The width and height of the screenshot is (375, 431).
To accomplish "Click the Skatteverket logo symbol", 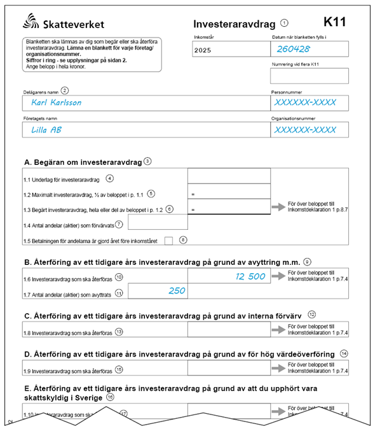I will tap(29, 24).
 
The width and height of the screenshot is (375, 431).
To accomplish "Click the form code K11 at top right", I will tap(334, 22).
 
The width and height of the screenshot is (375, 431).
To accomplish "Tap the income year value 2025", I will tap(203, 49).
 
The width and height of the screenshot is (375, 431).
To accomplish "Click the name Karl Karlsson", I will tap(56, 102).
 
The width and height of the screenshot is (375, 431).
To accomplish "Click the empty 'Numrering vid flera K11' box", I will tap(310, 76).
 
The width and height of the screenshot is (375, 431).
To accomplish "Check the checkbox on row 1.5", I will tap(169, 241).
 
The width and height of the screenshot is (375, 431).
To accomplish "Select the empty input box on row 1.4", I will tap(158, 222).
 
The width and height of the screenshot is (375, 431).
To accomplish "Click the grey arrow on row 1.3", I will tap(278, 207).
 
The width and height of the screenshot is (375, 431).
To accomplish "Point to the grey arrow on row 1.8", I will tap(278, 330).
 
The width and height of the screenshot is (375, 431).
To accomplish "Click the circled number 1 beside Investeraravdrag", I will tap(283, 24).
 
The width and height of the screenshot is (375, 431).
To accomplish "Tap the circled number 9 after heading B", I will tap(307, 260).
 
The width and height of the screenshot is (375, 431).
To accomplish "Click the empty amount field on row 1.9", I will tap(229, 369).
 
